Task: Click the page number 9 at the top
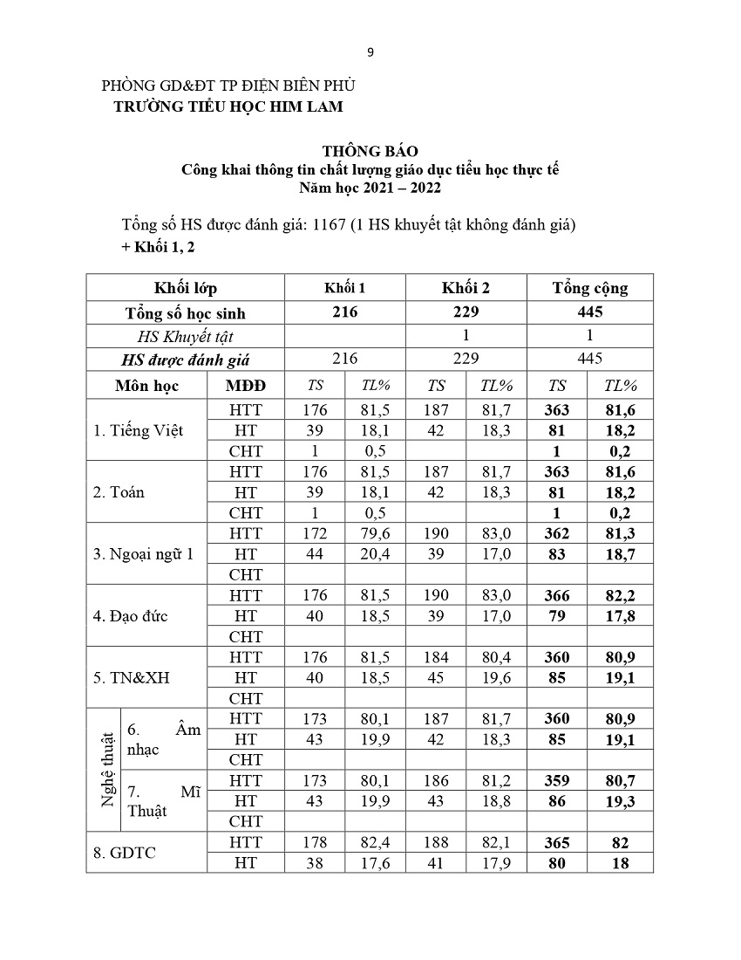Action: (370, 52)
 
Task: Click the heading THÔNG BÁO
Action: (370, 152)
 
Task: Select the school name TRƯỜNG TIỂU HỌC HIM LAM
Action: (229, 106)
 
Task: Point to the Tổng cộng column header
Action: (589, 288)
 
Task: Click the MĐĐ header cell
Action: (245, 386)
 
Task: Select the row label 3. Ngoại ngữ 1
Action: (143, 553)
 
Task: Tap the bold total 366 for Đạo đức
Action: (556, 596)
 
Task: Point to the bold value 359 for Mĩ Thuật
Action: (556, 780)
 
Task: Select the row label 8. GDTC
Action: (125, 853)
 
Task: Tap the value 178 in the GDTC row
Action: (315, 842)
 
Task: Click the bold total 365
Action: (556, 842)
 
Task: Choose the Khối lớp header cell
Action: (185, 288)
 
